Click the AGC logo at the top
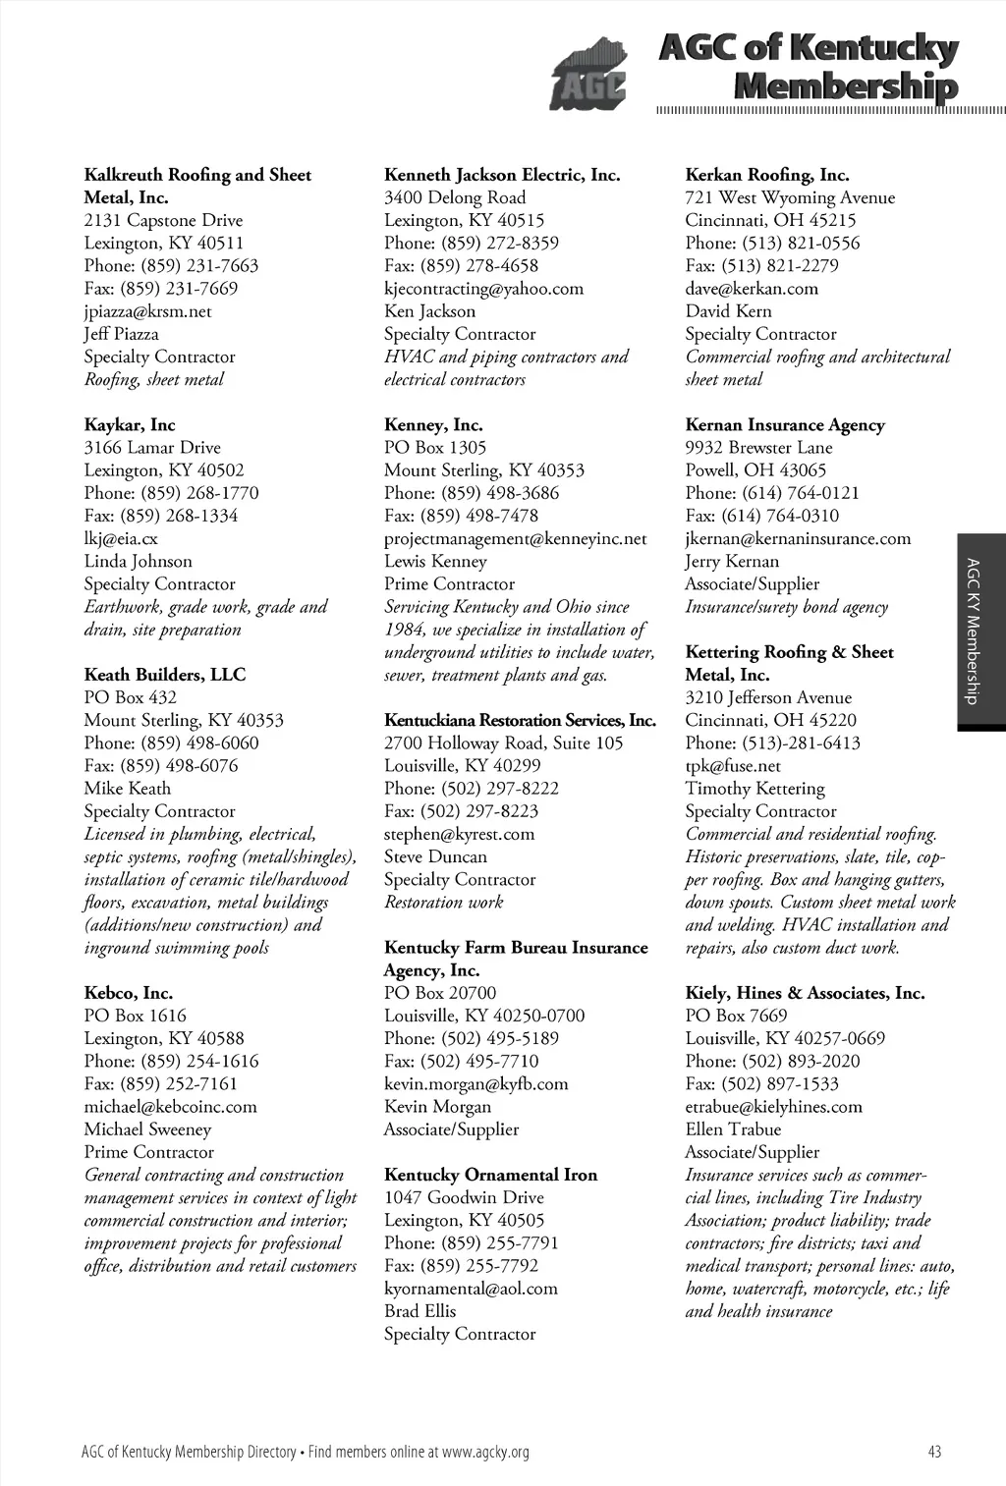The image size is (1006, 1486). coord(587,75)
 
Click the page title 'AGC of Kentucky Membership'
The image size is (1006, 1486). coord(808,67)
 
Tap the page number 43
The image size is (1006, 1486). coord(934,1452)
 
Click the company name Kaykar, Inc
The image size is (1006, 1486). coord(130,425)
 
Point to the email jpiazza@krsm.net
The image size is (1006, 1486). coord(147,311)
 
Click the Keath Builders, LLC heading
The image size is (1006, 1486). coord(165,675)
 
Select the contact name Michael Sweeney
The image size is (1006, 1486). coord(147,1129)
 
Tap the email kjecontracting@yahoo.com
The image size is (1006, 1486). coord(483,289)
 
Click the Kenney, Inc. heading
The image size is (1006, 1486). coord(433,425)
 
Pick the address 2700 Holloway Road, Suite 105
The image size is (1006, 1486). coord(503,743)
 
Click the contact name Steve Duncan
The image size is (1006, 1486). coord(435,857)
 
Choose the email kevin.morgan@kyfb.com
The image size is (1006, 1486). coord(475,1084)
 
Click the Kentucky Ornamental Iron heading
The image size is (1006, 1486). coord(490,1175)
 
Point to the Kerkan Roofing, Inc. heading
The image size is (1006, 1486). coord(767,175)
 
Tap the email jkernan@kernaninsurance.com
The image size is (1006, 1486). coord(798,539)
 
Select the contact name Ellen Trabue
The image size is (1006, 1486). coord(733,1129)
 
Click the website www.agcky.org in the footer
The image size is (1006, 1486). coord(485,1452)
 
